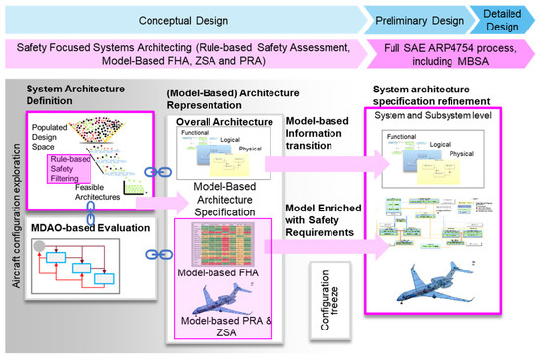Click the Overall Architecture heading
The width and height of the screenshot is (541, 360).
click(x=225, y=123)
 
